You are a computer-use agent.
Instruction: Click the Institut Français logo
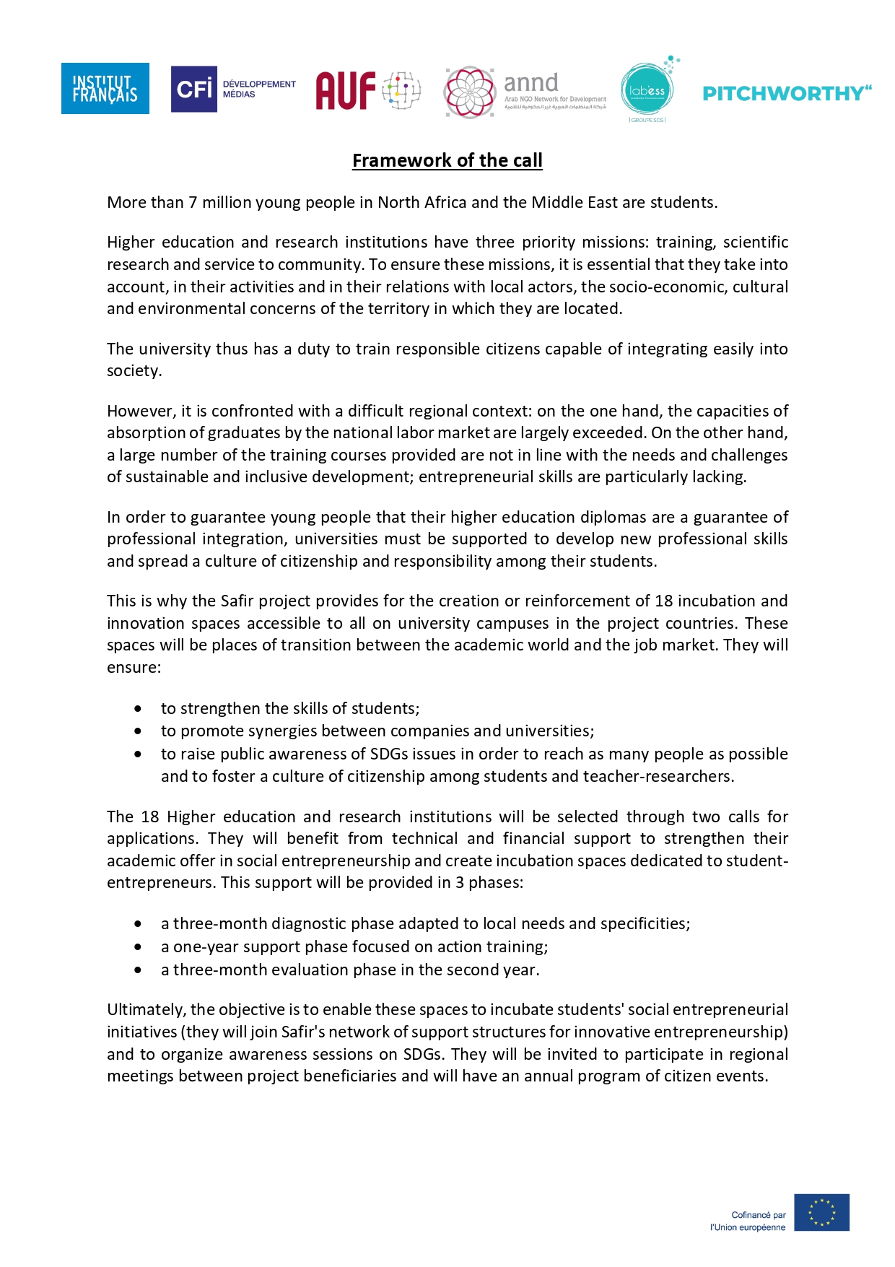[105, 88]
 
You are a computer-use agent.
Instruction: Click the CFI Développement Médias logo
[232, 89]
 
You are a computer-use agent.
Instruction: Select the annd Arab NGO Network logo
[525, 92]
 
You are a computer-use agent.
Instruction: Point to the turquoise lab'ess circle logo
[647, 90]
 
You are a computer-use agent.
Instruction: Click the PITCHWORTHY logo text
[787, 94]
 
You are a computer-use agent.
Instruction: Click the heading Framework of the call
[447, 160]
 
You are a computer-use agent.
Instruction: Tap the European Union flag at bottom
[821, 1212]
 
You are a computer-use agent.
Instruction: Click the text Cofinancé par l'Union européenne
[748, 1221]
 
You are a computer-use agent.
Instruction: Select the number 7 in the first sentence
[193, 203]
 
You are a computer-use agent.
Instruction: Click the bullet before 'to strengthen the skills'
[138, 709]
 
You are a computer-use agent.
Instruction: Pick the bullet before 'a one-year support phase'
[138, 947]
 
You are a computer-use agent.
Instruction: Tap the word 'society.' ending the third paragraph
[134, 371]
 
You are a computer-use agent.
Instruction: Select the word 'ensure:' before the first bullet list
[134, 668]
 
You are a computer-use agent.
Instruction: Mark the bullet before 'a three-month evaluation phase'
[138, 970]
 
